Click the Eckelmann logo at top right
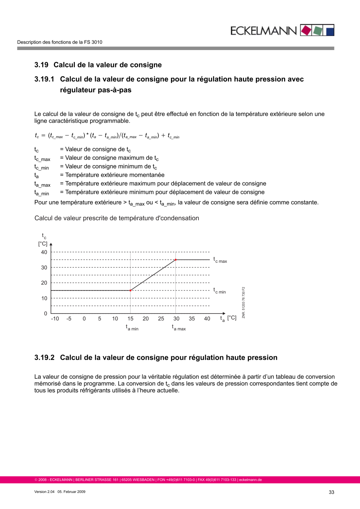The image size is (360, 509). pyautogui.click(x=281, y=30)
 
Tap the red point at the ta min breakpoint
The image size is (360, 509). pyautogui.click(x=130, y=291)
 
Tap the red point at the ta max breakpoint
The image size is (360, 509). pyautogui.click(x=176, y=260)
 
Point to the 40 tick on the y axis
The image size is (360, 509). pyautogui.click(x=43, y=252)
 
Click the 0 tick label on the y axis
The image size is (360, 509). pyautogui.click(x=45, y=313)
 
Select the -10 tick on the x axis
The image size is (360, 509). pyautogui.click(x=55, y=319)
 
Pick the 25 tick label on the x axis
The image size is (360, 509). pyautogui.click(x=161, y=319)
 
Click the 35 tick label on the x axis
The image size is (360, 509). pyautogui.click(x=192, y=319)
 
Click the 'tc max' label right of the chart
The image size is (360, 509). pyautogui.click(x=220, y=260)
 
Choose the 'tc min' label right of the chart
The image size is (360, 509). pyautogui.click(x=220, y=291)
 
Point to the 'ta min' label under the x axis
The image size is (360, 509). pyautogui.click(x=132, y=328)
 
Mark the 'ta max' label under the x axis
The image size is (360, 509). pyautogui.click(x=179, y=328)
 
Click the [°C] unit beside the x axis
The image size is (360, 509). pyautogui.click(x=232, y=318)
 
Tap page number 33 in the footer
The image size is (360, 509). pyautogui.click(x=331, y=492)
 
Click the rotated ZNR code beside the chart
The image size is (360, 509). pyautogui.click(x=244, y=303)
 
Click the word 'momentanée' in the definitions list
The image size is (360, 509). pyautogui.click(x=146, y=175)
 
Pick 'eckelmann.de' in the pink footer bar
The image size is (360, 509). pyautogui.click(x=250, y=480)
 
